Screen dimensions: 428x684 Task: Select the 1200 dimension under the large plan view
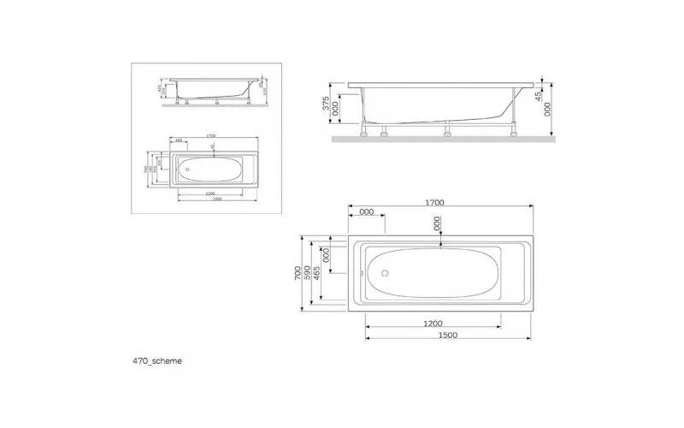pos(433,323)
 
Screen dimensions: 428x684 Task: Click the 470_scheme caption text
pos(157,360)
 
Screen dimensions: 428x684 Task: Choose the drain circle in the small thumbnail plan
pos(188,169)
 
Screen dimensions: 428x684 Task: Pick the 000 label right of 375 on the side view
pos(335,108)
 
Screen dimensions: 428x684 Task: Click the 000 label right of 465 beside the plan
pos(327,255)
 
